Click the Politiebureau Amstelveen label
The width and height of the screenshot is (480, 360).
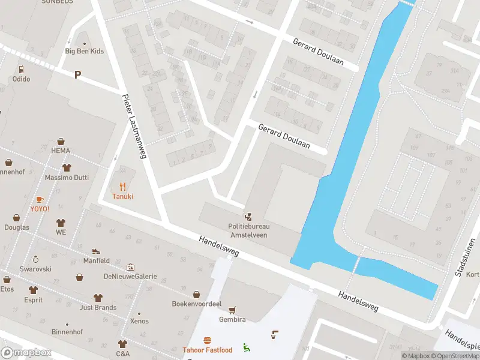[x=248, y=230]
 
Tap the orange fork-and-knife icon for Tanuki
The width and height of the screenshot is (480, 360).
[x=123, y=186]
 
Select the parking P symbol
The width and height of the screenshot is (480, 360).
[x=77, y=74]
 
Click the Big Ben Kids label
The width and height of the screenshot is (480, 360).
[x=84, y=51]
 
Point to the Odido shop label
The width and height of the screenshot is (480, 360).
[x=21, y=79]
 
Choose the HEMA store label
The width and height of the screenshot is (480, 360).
[x=61, y=151]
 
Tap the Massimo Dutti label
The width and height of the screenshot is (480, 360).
[x=66, y=178]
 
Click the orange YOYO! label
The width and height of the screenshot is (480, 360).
[x=40, y=209]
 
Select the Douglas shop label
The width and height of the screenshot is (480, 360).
[x=16, y=227]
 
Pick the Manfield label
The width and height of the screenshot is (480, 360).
[x=96, y=261]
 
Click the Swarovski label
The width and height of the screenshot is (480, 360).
[x=35, y=269]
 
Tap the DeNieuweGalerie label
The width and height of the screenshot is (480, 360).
[x=130, y=276]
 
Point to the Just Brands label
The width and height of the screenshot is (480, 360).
[x=98, y=308]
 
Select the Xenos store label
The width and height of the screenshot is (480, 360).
[x=139, y=321]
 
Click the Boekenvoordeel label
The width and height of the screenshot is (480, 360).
[x=197, y=304]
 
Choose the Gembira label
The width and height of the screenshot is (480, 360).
[x=232, y=320]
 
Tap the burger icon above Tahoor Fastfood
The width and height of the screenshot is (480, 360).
[x=208, y=340]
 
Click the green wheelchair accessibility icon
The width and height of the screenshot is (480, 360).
[x=246, y=347]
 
